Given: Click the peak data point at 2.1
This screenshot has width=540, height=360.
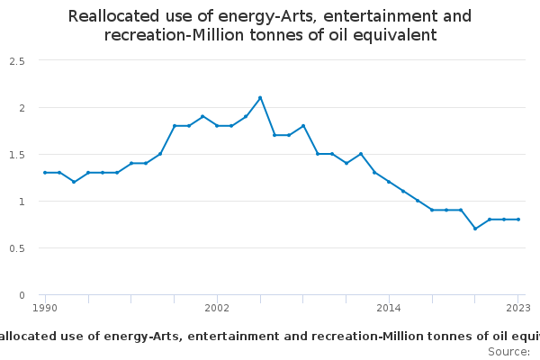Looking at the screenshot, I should [260, 98].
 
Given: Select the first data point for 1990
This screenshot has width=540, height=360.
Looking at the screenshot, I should [45, 173].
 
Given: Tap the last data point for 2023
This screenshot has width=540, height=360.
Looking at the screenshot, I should [518, 220].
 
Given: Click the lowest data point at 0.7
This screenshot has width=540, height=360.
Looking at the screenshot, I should [475, 229].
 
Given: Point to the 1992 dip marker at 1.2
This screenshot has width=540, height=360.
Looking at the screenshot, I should [74, 182].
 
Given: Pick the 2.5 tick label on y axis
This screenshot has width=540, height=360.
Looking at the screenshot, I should [16, 60].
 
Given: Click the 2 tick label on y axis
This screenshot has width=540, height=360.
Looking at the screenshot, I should [21, 107].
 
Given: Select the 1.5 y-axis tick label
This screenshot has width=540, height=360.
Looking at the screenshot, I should [16, 154].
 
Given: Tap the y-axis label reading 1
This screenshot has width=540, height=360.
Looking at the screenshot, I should [21, 201].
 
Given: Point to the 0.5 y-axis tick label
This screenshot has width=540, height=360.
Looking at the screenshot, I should [16, 247].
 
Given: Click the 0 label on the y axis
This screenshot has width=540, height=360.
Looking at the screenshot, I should [21, 294].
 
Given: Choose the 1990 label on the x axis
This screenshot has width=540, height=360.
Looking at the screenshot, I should [45, 308].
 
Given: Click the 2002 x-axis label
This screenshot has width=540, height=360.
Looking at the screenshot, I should [217, 308].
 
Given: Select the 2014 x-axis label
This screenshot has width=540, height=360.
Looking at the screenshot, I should [389, 308].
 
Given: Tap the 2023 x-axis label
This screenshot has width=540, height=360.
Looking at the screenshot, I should [518, 308].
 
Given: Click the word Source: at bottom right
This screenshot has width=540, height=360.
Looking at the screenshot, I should [508, 351].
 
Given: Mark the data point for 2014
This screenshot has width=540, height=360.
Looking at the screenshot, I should [389, 182].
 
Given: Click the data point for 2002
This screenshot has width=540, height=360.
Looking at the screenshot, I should [217, 126].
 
